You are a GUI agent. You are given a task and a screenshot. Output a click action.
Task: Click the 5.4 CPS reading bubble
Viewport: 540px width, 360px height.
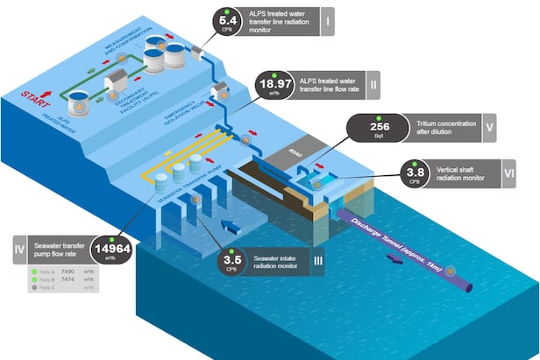click(228, 19)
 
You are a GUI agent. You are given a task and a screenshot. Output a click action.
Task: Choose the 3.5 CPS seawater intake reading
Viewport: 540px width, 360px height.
click(231, 261)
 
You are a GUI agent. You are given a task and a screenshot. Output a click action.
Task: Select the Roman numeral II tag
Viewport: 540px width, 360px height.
click(373, 86)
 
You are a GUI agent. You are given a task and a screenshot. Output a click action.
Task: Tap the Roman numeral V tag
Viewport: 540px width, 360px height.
click(487, 127)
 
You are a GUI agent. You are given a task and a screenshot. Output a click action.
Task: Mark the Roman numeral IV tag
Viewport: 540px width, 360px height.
click(18, 248)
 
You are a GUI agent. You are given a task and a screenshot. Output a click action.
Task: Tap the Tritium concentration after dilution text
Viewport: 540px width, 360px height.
click(437, 127)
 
